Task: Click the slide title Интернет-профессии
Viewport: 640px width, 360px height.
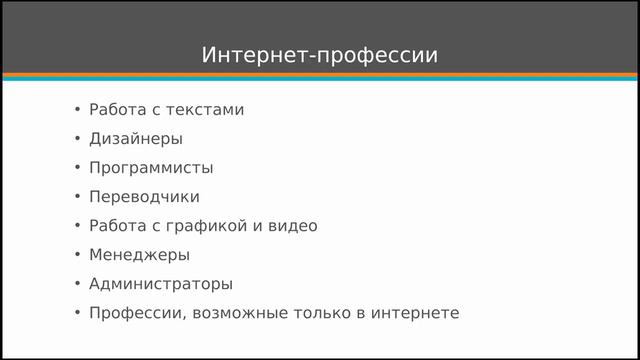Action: [x=319, y=54]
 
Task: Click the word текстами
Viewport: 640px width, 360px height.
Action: [x=207, y=110]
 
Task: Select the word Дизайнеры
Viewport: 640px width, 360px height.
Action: [x=135, y=139]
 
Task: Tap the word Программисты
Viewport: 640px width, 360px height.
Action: [x=151, y=168]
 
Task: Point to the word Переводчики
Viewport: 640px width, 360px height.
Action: [x=144, y=197]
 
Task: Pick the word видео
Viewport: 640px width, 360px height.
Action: [x=295, y=226]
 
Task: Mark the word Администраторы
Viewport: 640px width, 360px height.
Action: [x=161, y=284]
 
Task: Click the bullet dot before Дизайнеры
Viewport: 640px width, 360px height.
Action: [x=77, y=139]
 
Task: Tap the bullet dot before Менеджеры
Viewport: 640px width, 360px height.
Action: [x=77, y=255]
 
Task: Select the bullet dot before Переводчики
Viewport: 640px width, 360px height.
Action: [x=77, y=197]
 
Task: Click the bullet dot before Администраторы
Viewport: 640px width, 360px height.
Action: [x=77, y=284]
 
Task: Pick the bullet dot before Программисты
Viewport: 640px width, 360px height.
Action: [x=77, y=168]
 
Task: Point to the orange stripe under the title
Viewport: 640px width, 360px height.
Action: [x=319, y=75]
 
